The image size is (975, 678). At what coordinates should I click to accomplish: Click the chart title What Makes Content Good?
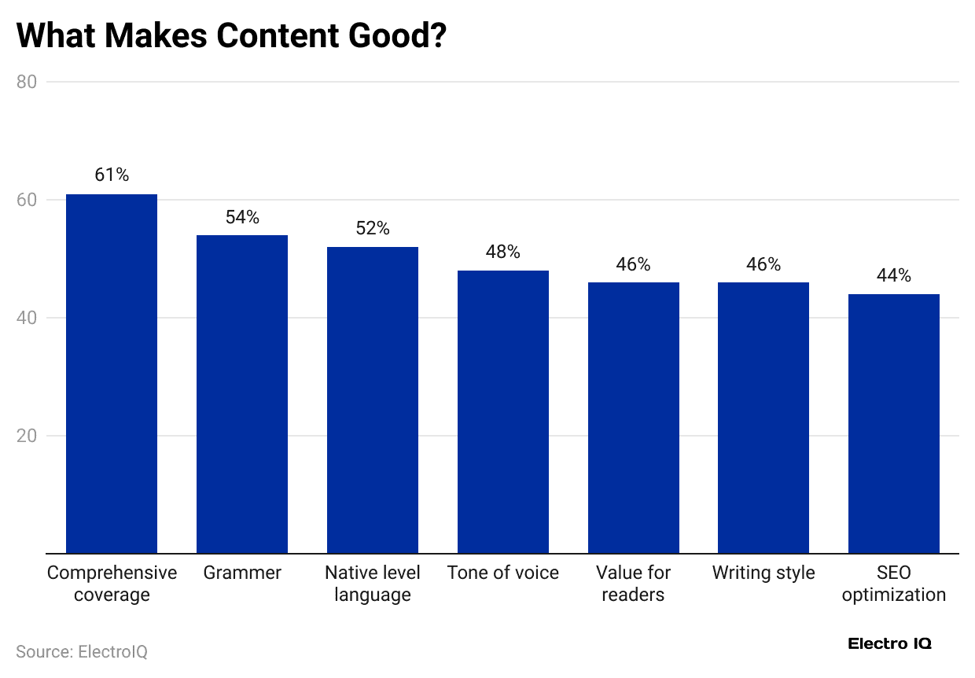coord(231,37)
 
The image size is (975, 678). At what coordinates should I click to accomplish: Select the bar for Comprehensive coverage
coord(112,374)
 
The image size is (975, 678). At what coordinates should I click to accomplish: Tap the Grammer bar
coord(242,393)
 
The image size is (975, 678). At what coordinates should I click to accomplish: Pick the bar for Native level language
coord(373,400)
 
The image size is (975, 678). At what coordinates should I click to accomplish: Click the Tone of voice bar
coord(503,411)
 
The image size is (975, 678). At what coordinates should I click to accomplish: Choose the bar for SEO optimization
coord(894,423)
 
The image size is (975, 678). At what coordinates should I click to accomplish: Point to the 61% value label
coord(112,175)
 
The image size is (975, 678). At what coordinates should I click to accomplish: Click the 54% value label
coord(242,217)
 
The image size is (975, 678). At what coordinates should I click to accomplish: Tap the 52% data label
coord(373,228)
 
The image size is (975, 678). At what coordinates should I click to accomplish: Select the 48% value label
coord(503,252)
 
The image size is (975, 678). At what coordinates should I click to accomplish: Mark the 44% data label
coord(894,275)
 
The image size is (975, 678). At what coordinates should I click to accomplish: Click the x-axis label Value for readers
coord(633,583)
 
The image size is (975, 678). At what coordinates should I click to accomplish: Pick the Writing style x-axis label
coord(763,573)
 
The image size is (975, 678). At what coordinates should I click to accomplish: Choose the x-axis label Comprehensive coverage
coord(112,583)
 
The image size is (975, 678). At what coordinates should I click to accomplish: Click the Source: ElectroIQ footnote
coord(82,652)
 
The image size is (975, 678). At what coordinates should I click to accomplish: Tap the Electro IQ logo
coord(889,643)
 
